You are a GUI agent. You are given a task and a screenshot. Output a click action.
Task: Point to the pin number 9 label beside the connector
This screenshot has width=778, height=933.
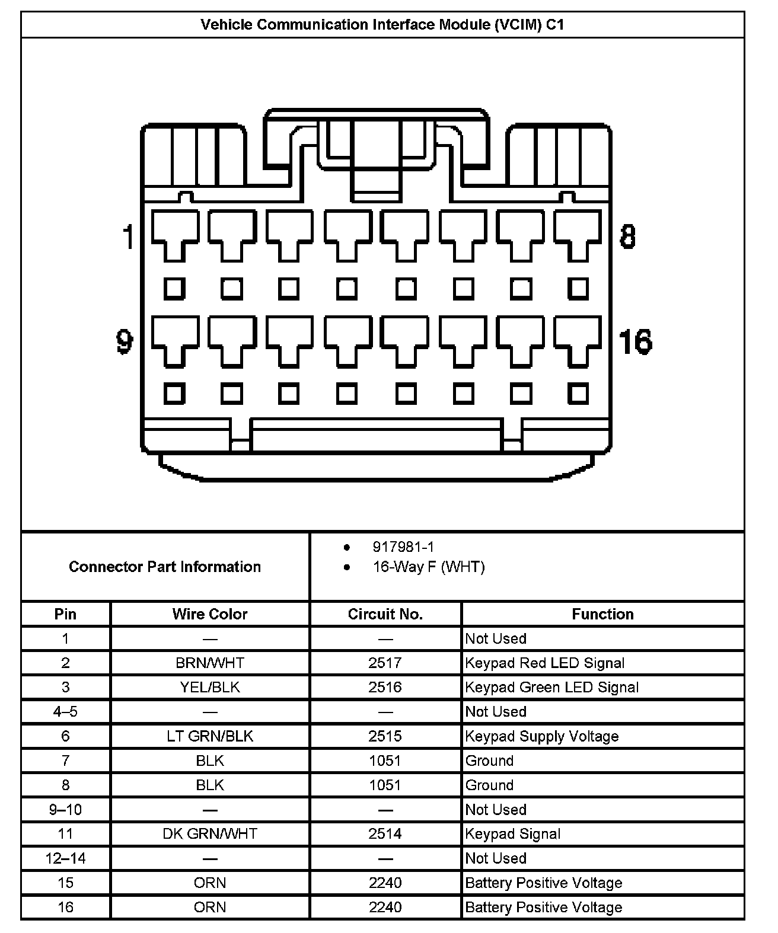point(125,341)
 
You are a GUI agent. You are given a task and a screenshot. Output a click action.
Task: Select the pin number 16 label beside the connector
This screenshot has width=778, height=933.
point(635,341)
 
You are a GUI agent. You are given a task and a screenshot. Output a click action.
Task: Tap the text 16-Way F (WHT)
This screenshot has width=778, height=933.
point(428,567)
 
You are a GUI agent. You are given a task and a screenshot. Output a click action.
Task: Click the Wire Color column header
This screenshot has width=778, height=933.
point(210,614)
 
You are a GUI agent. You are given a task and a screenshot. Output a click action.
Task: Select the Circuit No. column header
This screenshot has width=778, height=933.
point(385,614)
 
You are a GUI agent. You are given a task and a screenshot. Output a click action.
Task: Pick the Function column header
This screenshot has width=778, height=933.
point(602,614)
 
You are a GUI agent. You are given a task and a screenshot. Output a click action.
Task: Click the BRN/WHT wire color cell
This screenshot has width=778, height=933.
point(210,663)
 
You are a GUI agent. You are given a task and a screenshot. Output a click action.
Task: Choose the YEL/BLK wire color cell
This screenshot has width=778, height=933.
point(210,687)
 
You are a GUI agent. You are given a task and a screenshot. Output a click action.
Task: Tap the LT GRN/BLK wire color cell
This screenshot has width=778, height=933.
point(210,736)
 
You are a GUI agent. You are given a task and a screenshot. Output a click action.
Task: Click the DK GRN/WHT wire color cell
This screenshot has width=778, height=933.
point(210,834)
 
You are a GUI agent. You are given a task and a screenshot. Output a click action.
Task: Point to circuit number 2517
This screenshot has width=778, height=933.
point(385,663)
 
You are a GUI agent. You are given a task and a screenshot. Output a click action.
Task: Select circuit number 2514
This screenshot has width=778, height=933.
point(385,834)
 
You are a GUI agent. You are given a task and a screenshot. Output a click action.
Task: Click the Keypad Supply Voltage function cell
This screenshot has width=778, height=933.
point(542,736)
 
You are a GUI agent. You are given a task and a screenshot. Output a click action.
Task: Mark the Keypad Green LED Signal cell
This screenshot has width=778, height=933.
point(552,687)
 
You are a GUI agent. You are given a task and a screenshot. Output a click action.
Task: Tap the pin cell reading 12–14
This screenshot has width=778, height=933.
point(65,858)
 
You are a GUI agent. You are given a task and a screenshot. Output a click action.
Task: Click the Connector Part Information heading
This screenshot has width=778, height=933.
point(165,567)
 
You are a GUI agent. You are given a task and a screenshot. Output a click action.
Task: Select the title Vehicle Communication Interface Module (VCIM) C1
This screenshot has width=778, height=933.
point(382,25)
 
